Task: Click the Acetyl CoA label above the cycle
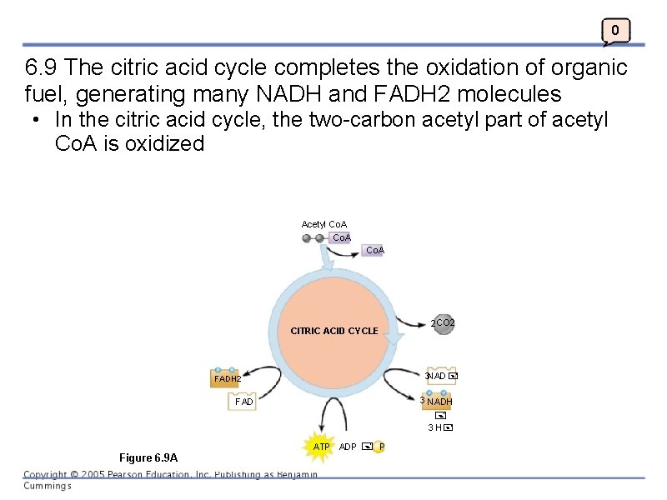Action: click(323, 224)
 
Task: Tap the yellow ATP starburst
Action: click(320, 447)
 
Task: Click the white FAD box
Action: click(244, 402)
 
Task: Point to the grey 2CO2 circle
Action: click(443, 323)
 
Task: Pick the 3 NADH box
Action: click(438, 402)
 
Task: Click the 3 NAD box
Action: click(439, 377)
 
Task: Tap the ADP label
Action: click(348, 447)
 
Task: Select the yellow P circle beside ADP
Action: click(381, 447)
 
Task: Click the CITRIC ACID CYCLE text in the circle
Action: click(333, 331)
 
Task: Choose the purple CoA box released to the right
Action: click(374, 250)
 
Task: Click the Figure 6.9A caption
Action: click(148, 457)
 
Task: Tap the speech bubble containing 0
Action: click(615, 32)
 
